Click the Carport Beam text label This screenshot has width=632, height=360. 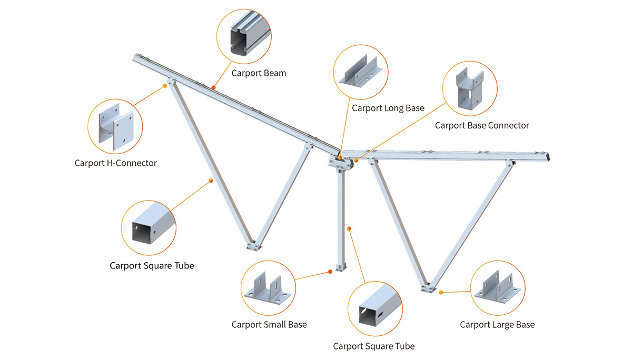click(259, 73)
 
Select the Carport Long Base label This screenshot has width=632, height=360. click(388, 108)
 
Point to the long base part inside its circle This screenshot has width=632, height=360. click(361, 72)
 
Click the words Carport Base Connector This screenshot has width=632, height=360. click(481, 125)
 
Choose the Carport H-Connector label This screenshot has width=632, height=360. click(115, 163)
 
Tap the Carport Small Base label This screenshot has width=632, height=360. click(269, 324)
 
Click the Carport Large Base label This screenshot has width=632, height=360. click(497, 324)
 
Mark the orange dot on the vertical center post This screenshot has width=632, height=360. click(349, 228)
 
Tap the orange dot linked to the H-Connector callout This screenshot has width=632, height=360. click(165, 86)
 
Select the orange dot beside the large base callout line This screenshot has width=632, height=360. click(441, 291)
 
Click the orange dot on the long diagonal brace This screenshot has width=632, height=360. click(211, 181)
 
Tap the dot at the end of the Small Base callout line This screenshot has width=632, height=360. click(330, 272)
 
